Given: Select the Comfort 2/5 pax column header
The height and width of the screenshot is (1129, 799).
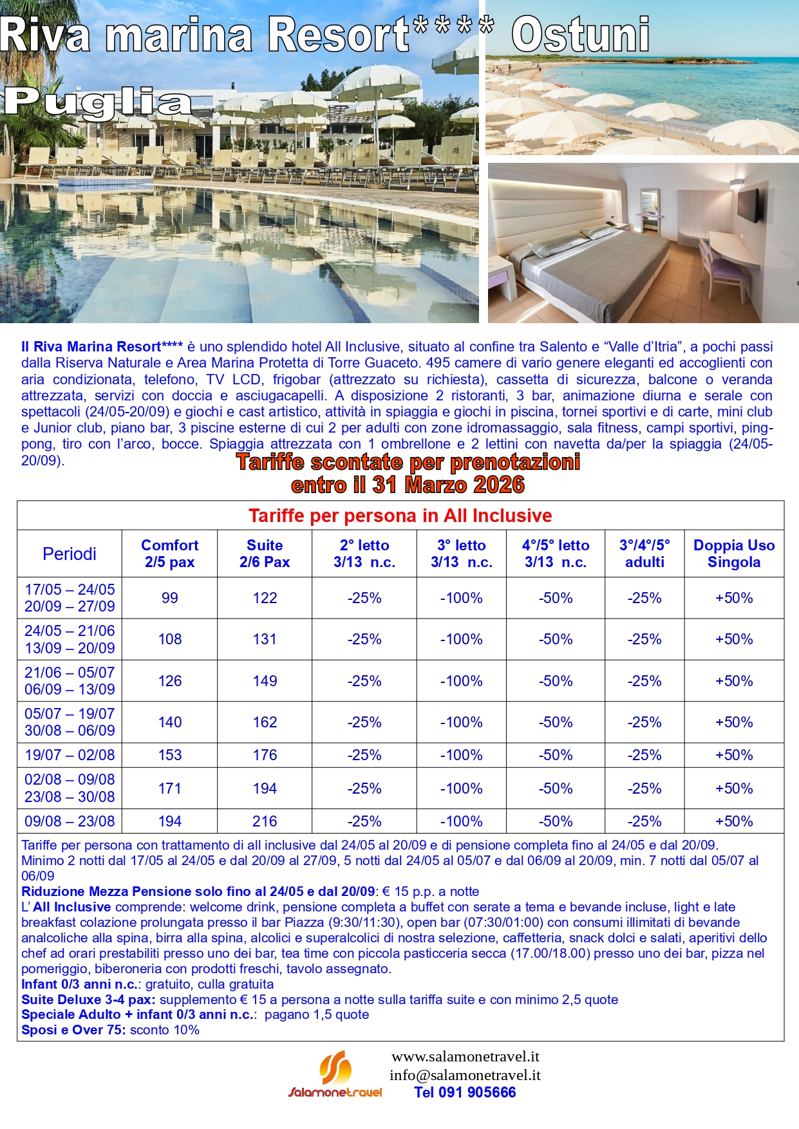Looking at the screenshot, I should click(169, 554).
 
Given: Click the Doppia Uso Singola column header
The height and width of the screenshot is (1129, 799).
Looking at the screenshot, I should click(734, 554).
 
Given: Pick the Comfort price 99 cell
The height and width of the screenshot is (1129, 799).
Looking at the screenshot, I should click(170, 598).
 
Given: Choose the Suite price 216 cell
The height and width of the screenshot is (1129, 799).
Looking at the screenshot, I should click(265, 821).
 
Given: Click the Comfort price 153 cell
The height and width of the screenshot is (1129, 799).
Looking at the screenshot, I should click(170, 755).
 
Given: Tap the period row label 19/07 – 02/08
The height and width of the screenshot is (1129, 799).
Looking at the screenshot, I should click(70, 755).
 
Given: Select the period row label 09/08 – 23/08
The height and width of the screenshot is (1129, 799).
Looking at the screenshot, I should click(70, 821).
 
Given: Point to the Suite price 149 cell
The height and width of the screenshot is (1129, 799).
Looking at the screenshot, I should click(265, 681).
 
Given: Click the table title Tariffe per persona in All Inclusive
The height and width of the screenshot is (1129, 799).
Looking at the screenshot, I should click(400, 516).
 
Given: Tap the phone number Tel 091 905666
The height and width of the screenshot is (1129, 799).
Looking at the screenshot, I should click(465, 1092).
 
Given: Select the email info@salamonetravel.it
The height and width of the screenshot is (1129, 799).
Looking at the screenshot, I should click(465, 1075).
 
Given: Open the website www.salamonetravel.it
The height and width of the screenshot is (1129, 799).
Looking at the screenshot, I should click(465, 1056).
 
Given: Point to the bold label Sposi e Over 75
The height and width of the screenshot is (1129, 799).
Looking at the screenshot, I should click(73, 1030).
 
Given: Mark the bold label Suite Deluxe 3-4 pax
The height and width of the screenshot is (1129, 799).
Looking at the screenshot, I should click(88, 1000).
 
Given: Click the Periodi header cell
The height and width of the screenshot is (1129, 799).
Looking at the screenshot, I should click(70, 554).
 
